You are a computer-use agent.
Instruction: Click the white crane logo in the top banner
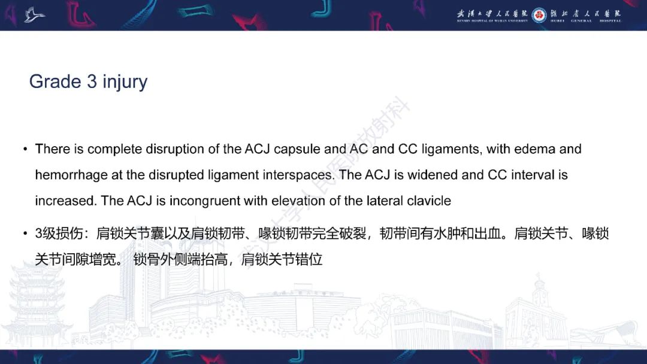click(34, 14)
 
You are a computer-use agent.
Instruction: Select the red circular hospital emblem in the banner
click(539, 15)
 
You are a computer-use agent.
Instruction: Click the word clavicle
click(427, 201)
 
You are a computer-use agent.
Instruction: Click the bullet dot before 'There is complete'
click(25, 149)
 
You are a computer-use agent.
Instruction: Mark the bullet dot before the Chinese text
click(25, 233)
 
